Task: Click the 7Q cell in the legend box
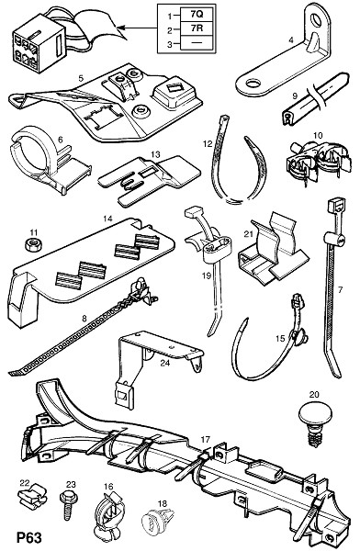[x=197, y=15]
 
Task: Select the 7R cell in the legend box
[x=197, y=28]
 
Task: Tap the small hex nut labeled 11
[x=33, y=244]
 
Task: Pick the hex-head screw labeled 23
[x=66, y=504]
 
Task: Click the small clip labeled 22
[x=32, y=496]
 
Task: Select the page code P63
[x=28, y=538]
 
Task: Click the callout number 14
[x=107, y=219]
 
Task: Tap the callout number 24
[x=165, y=363]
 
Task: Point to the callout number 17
[x=206, y=439]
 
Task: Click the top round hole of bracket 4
[x=319, y=19]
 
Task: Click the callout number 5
[x=81, y=78]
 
